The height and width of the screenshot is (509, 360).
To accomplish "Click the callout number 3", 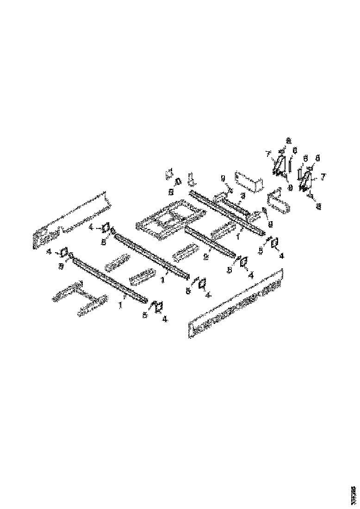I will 242,196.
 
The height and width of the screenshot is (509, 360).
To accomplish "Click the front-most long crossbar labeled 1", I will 109,280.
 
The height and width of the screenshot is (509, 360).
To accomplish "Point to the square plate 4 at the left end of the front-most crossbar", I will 64,253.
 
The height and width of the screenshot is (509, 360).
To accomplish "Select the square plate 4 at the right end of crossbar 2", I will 242,262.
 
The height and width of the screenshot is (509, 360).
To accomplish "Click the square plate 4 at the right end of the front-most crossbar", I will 158,306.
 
